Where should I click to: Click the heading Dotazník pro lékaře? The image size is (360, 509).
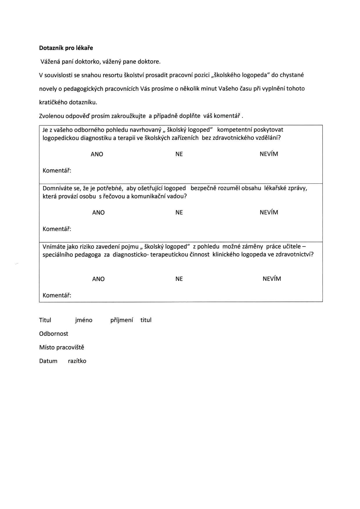click(66, 48)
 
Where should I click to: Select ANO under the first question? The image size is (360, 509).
click(97, 154)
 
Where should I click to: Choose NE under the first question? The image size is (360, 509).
click(179, 154)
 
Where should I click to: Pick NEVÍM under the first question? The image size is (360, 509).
click(269, 154)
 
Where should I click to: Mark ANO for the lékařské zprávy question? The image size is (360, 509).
click(98, 212)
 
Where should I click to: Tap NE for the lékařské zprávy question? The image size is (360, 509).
click(179, 212)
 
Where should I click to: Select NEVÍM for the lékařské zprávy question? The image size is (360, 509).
click(269, 212)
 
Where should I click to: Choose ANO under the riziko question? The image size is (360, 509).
click(98, 279)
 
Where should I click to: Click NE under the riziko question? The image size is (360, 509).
click(179, 279)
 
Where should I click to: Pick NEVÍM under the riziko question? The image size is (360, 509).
click(272, 279)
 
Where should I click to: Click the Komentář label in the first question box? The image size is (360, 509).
click(57, 171)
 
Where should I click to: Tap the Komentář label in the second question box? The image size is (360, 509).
click(57, 229)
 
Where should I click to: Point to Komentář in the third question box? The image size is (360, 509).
click(57, 295)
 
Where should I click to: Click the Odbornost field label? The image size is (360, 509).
click(54, 334)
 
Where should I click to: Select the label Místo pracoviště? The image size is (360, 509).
click(62, 347)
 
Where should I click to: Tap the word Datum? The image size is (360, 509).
click(48, 361)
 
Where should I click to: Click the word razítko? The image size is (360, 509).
click(77, 361)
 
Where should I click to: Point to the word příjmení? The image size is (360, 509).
click(122, 320)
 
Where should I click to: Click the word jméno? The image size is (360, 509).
click(84, 320)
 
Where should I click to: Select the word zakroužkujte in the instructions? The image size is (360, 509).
click(129, 116)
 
